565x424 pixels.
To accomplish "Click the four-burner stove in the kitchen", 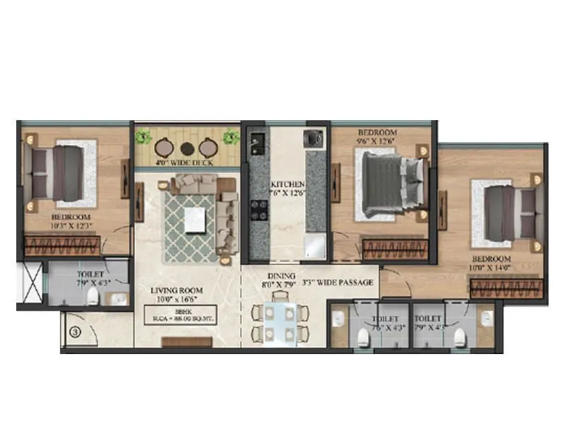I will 259,209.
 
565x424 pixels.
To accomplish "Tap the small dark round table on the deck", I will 186,148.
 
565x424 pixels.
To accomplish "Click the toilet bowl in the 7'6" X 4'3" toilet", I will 363,338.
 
